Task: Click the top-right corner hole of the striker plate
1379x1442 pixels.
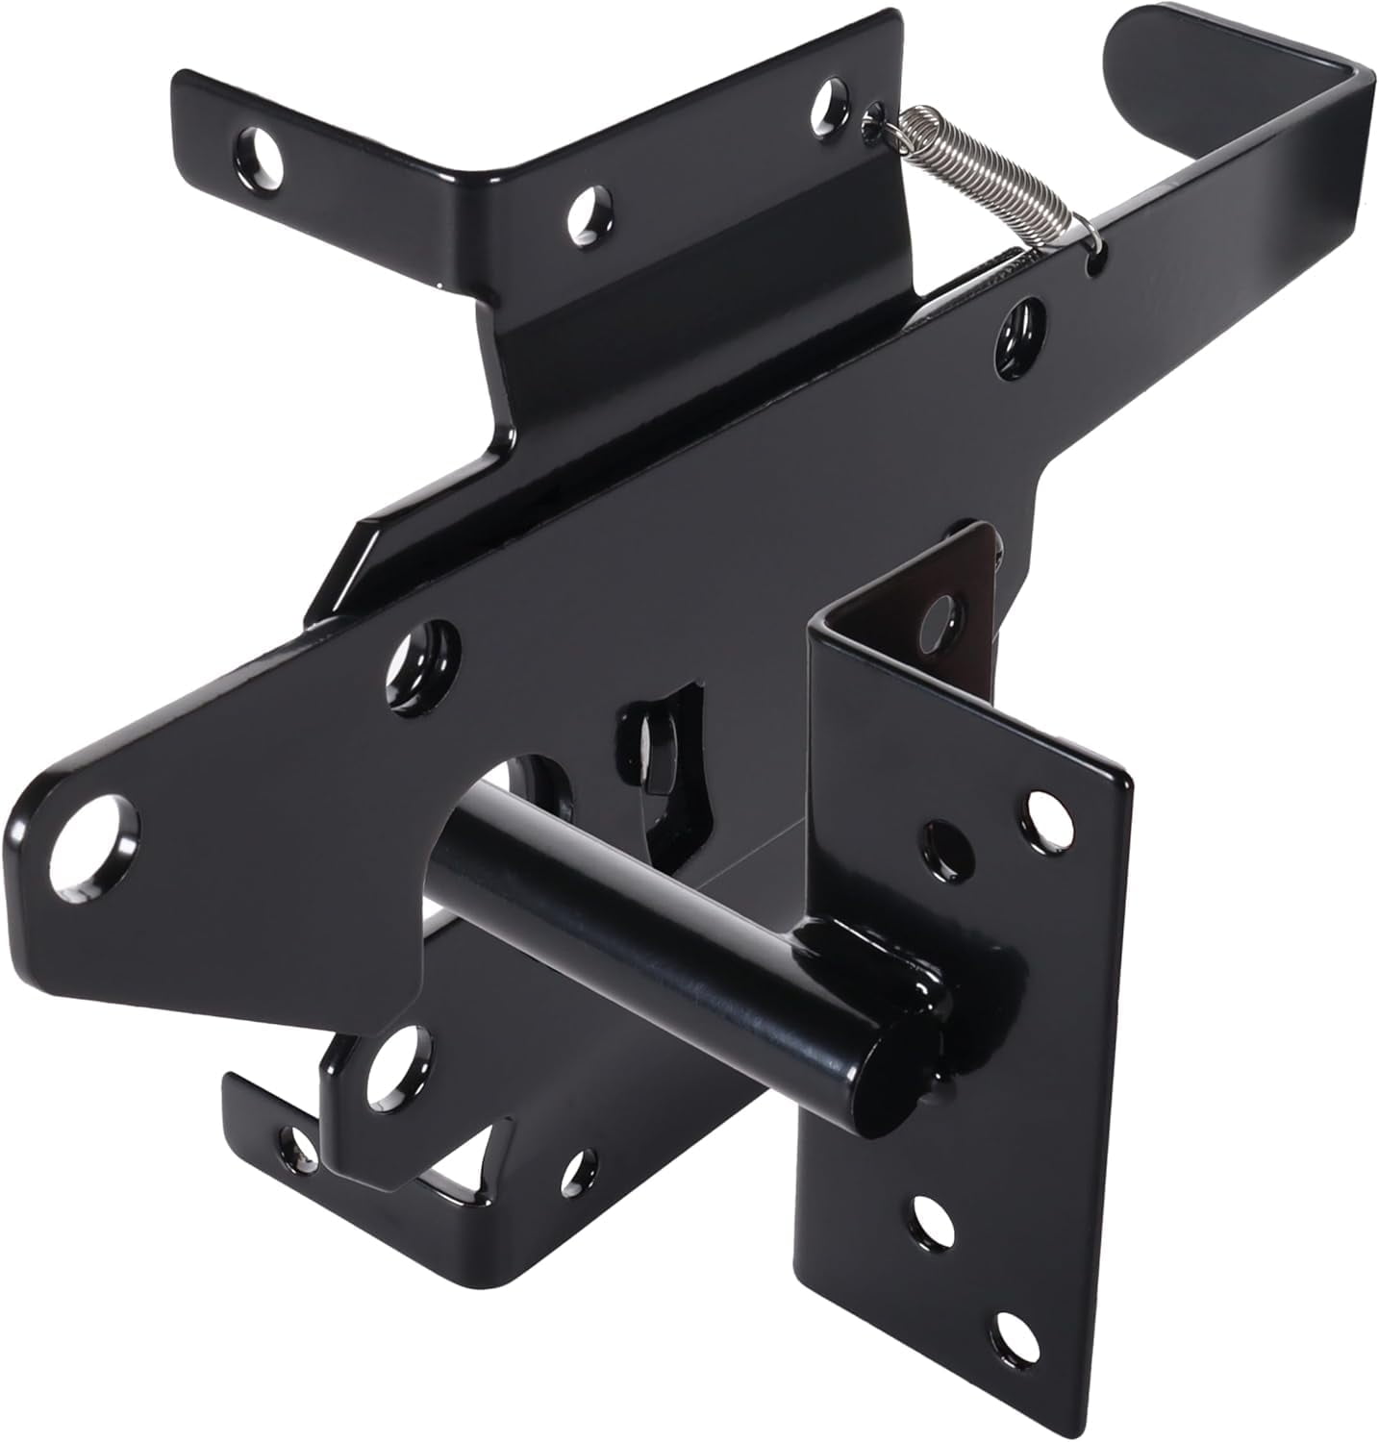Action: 1040,806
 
